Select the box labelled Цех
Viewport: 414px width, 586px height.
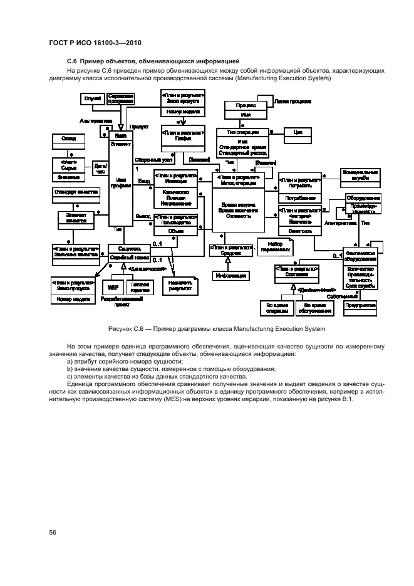coord(298,132)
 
